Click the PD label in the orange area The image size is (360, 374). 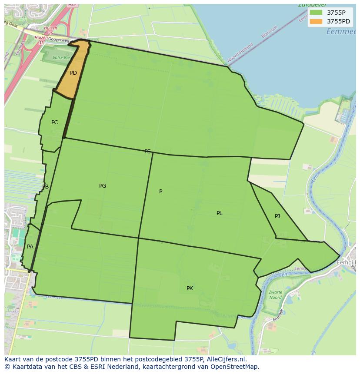pyautogui.click(x=73, y=73)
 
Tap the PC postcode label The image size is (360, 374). pyautogui.click(x=54, y=122)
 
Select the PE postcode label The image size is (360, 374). pyautogui.click(x=147, y=152)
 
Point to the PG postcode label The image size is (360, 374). pyautogui.click(x=103, y=186)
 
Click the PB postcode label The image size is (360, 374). pyautogui.click(x=45, y=187)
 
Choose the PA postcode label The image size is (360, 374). pyautogui.click(x=30, y=247)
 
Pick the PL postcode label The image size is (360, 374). pyautogui.click(x=220, y=213)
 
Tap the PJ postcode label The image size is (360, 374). pyautogui.click(x=277, y=216)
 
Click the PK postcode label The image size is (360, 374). pyautogui.click(x=190, y=288)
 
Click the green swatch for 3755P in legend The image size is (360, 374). pyautogui.click(x=316, y=13)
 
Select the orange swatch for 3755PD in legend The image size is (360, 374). pyautogui.click(x=316, y=21)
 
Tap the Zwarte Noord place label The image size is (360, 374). pyautogui.click(x=275, y=295)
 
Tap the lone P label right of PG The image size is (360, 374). pyautogui.click(x=161, y=192)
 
